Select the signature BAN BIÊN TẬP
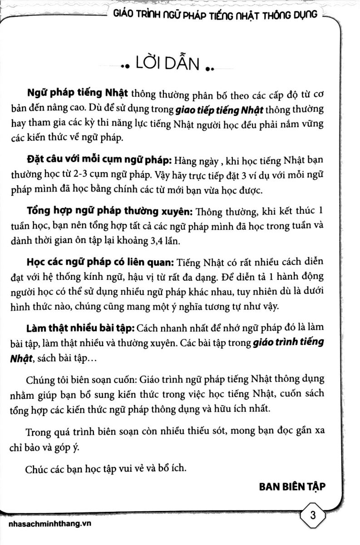pos(293,486)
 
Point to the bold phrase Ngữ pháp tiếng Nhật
pos(78,94)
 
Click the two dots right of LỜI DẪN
pos(210,68)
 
